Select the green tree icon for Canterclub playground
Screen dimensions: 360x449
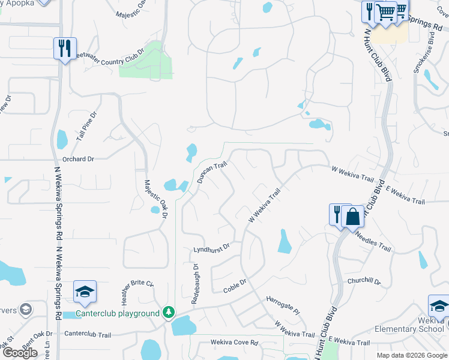pos(169,313)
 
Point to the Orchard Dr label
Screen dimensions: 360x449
pos(79,160)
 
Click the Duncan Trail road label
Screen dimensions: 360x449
pos(211,172)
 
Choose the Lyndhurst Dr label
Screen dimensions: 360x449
pos(211,247)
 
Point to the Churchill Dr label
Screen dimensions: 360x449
pos(364,281)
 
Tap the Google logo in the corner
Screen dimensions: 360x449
pos(20,352)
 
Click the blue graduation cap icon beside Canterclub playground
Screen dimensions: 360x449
pos(85,292)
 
